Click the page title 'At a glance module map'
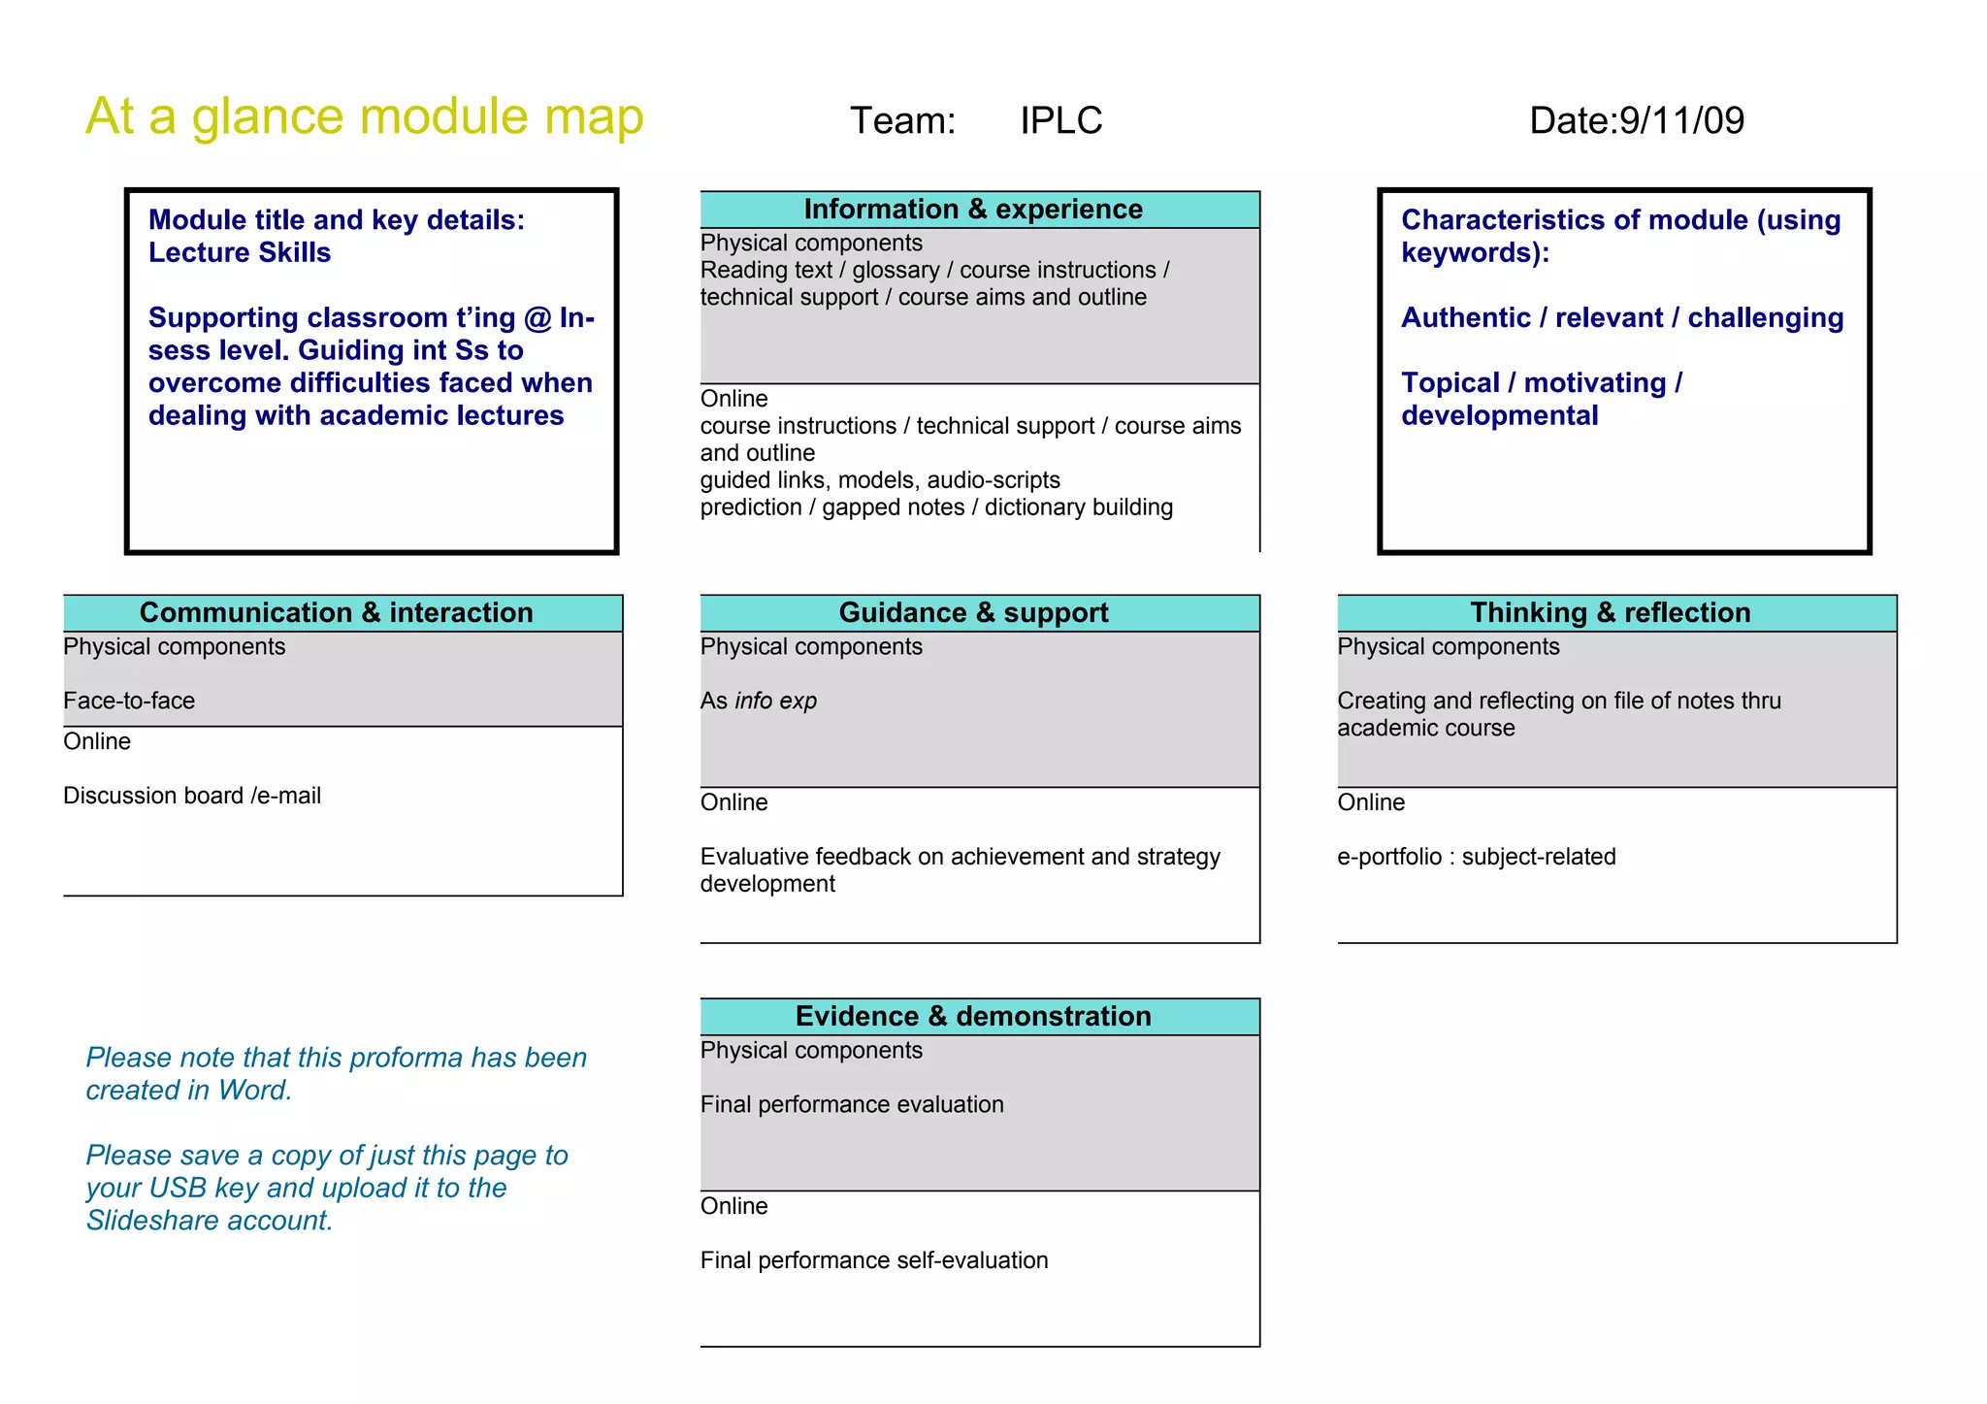pos(364,117)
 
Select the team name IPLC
pos(1060,121)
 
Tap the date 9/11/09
pos(1681,121)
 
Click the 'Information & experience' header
pos(973,210)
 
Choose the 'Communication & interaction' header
pos(336,613)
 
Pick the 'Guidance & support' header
pos(973,613)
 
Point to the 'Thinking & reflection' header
pos(1610,613)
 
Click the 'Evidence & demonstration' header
pos(973,1017)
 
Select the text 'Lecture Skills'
pos(240,253)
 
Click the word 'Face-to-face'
pos(129,702)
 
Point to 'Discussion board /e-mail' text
pos(192,797)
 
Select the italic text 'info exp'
pos(775,702)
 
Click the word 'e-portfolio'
pos(1389,858)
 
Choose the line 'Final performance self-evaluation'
pos(874,1261)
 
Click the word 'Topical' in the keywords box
pos(1450,383)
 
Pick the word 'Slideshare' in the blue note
pos(151,1221)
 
